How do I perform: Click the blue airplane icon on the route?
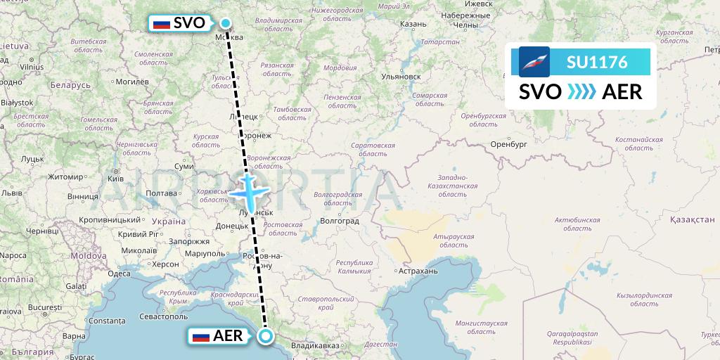247,189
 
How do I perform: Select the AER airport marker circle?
266,336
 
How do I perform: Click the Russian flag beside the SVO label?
162,23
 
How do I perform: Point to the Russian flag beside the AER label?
201,336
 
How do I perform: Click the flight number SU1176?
597,62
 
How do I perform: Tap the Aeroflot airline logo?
534,62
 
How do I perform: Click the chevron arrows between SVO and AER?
581,91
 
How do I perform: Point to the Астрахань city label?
418,271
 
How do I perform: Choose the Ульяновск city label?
400,76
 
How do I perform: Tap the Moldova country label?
87,255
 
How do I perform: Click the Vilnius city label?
32,66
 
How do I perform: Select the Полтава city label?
160,193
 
